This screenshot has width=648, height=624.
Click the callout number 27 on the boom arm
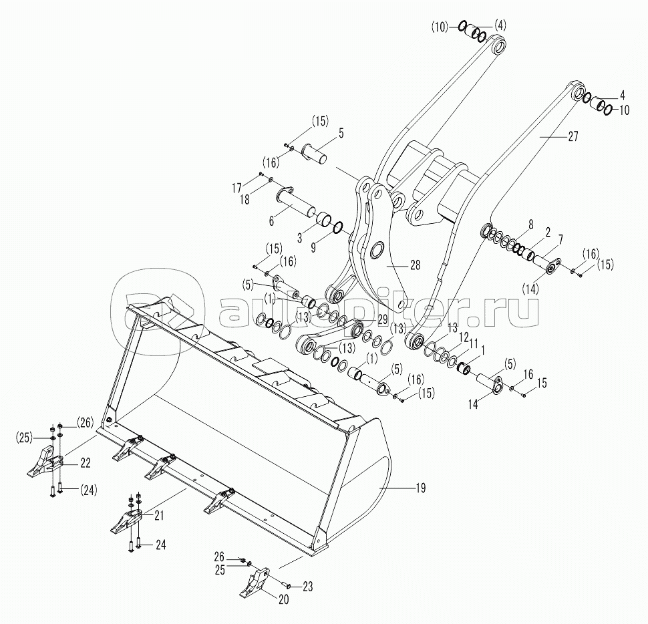click(x=573, y=136)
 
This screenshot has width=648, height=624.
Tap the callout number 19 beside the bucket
click(x=420, y=488)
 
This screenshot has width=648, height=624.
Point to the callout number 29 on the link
click(x=382, y=319)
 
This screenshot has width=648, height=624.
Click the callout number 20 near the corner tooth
click(x=283, y=599)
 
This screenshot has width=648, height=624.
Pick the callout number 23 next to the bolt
click(x=307, y=586)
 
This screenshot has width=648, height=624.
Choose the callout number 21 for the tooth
click(x=159, y=515)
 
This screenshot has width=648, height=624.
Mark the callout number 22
click(x=85, y=463)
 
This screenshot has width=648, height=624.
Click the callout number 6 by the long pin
click(x=271, y=221)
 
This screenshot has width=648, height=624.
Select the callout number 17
click(x=236, y=188)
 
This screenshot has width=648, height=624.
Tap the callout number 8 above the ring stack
click(x=530, y=224)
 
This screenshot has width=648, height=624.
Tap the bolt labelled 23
click(x=285, y=585)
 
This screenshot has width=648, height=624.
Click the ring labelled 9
click(x=337, y=227)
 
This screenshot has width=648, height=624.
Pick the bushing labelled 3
click(x=323, y=219)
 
